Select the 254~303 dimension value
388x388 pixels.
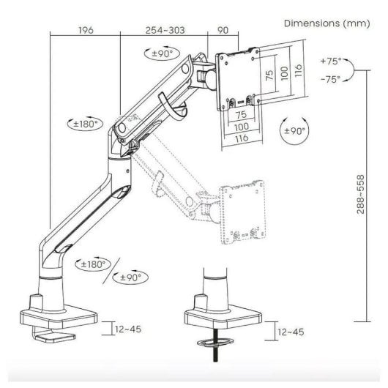(164, 31)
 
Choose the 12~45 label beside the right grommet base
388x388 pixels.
(291, 332)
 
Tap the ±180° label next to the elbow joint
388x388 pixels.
(88, 124)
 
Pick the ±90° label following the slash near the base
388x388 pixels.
(131, 277)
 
